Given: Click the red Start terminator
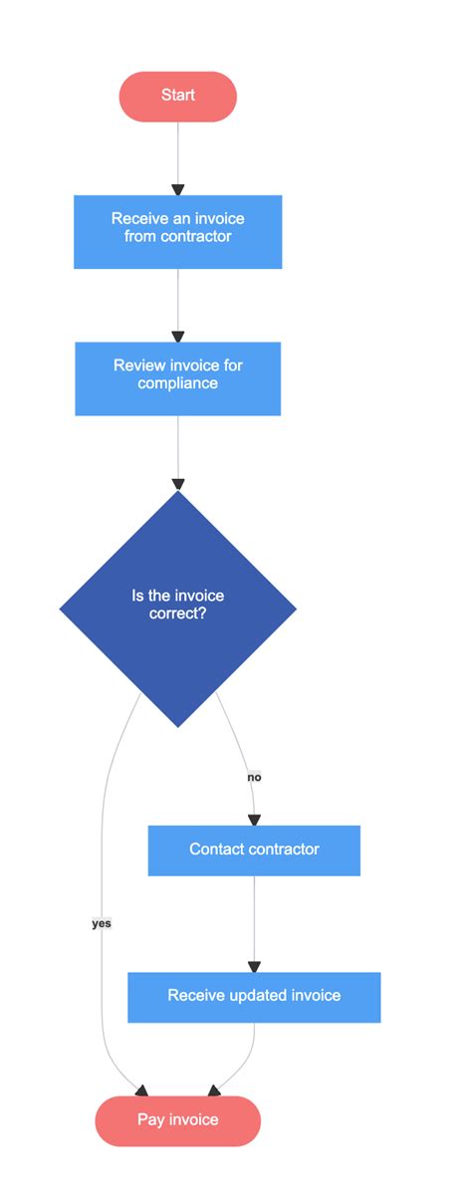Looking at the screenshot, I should coord(177,96).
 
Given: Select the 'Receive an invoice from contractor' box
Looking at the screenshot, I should coord(177,231).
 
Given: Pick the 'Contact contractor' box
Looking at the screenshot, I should coord(254,849).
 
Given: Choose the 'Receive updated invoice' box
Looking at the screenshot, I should coord(254,997).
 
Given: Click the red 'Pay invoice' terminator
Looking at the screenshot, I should coord(177,1120).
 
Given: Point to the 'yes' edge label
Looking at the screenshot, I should coord(102,923).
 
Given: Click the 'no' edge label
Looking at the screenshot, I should coord(254,776).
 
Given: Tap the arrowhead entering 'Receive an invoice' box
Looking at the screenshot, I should coord(178,189).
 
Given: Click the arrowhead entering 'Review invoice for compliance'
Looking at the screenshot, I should coord(178,337).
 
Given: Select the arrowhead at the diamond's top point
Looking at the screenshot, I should coord(178,484).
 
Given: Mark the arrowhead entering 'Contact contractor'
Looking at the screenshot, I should coord(254,820).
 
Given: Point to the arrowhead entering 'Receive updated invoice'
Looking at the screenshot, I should coord(254,966).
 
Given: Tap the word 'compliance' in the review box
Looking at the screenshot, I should coord(177,383).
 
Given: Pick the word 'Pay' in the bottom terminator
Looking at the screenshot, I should coord(150,1120).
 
